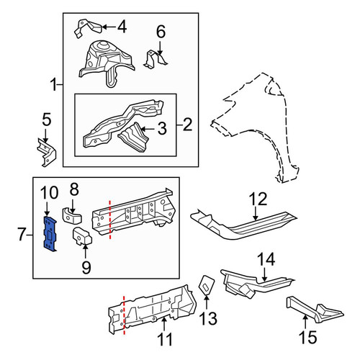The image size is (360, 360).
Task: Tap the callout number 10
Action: [x=49, y=193]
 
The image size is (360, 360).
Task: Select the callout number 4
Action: [x=122, y=27]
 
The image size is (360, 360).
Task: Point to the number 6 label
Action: [x=161, y=32]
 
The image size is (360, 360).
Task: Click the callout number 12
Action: [x=258, y=199]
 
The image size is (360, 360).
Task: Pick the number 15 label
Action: [x=308, y=337]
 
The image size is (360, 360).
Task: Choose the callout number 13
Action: [x=208, y=318]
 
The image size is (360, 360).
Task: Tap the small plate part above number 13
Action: [x=207, y=285]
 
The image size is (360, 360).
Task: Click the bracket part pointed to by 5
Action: [x=47, y=153]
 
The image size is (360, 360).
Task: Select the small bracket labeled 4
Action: [x=88, y=28]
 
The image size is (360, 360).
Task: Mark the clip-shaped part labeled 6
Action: [x=156, y=59]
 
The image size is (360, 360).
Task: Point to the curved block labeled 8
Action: [x=72, y=216]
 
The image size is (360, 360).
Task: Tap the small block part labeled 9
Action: [x=82, y=236]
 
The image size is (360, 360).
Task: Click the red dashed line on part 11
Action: [x=124, y=315]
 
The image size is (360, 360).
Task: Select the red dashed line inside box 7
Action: [x=110, y=220]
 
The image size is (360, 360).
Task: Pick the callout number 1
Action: [x=54, y=85]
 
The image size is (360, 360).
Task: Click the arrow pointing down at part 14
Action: [x=264, y=275]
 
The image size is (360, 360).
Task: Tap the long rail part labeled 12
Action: [x=243, y=225]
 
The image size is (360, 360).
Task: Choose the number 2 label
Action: [x=187, y=125]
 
